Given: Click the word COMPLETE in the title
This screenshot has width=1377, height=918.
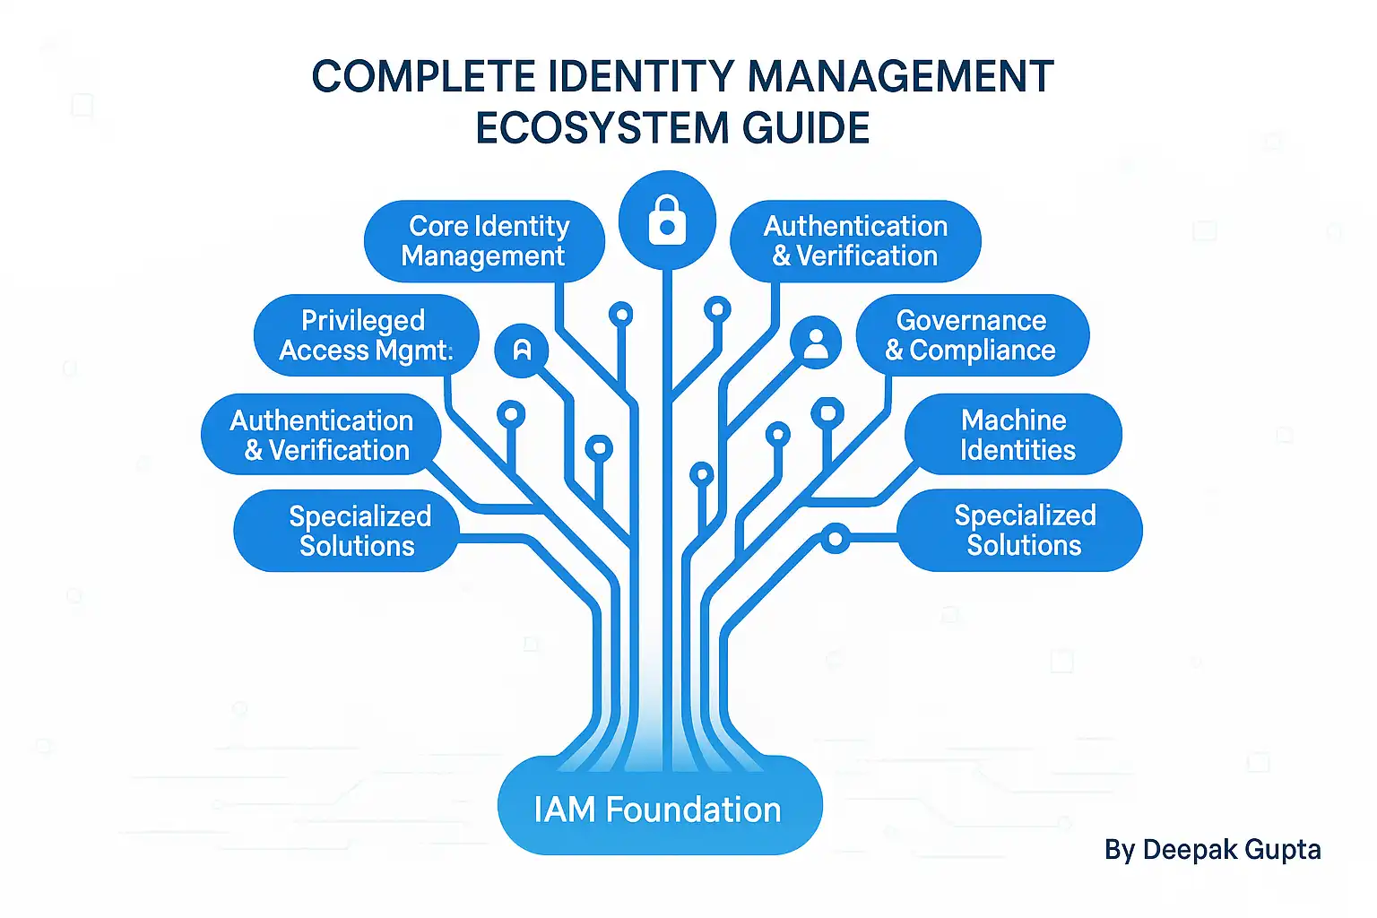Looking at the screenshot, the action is [423, 76].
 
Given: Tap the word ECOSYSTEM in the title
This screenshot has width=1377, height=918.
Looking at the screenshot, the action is [602, 128].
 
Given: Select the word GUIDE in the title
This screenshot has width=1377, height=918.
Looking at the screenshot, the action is [805, 128].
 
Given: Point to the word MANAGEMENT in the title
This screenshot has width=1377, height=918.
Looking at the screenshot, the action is [901, 76].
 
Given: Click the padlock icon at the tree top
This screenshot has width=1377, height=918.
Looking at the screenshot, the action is [667, 220].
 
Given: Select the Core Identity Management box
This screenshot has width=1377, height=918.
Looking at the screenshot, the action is [484, 241].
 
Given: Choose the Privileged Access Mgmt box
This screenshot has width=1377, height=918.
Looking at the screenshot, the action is [367, 335].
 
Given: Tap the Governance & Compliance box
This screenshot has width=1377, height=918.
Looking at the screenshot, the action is [973, 335].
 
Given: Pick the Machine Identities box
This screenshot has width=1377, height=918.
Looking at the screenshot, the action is [1013, 434].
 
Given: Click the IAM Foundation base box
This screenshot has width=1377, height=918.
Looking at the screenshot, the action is [660, 805].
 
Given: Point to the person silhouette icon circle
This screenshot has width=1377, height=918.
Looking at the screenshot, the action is [816, 342].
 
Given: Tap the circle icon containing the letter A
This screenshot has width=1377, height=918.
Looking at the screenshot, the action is [521, 350].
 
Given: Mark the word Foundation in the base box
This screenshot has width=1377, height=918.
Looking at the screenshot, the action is [693, 810].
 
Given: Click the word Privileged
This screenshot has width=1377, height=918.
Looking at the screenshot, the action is [363, 321].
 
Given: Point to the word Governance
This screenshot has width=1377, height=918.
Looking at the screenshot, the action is [971, 320].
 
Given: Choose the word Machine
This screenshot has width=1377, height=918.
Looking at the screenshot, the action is [1014, 420].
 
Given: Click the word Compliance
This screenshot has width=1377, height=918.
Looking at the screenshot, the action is [983, 351].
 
